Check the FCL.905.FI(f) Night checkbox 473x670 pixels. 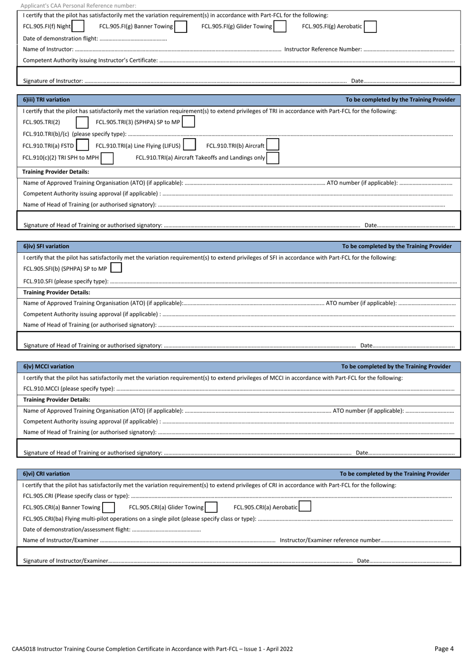78,26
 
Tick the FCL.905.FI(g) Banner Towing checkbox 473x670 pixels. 181,26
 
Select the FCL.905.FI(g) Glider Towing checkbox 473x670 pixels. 280,26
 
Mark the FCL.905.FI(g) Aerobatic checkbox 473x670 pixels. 370,26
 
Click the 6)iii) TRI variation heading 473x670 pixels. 46,100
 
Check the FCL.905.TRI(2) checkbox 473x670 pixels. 82,123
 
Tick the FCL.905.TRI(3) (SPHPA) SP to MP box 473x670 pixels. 188,122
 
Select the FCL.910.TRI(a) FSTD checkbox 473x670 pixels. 82,146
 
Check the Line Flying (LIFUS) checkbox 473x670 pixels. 189,146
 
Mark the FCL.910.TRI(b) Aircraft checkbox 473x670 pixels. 272,145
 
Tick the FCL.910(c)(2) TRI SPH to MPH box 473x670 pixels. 107,158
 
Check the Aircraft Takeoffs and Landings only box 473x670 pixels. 272,158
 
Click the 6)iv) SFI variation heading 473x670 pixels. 46,246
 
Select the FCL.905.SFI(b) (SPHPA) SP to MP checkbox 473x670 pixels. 116,268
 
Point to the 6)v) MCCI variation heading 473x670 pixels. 48,366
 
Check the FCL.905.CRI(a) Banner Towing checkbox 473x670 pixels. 108,507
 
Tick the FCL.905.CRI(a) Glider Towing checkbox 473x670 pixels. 211,507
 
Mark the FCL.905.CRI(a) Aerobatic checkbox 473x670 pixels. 305,507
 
